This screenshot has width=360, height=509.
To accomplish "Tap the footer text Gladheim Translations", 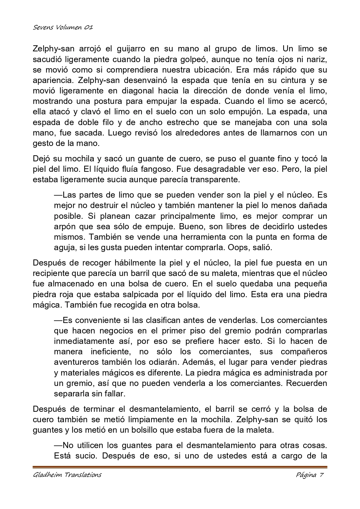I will click(x=67, y=475).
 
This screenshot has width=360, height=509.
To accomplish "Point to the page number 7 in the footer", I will click(x=321, y=475).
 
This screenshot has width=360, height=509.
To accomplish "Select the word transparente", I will click(x=215, y=180).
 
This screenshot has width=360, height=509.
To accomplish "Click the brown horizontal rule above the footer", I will click(x=180, y=467).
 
